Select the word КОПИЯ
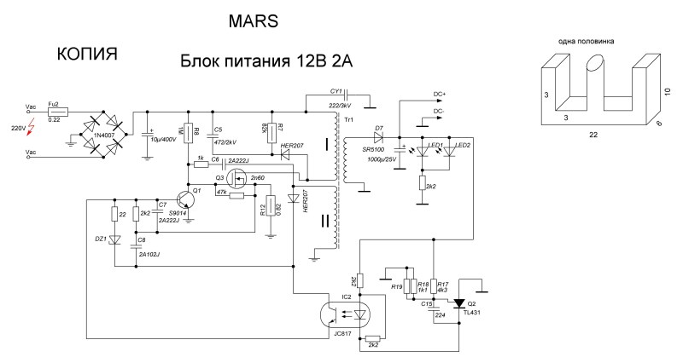pyautogui.click(x=86, y=55)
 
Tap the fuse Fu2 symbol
pyautogui.click(x=57, y=112)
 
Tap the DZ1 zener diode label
pyautogui.click(x=101, y=239)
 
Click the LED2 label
pyautogui.click(x=463, y=145)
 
